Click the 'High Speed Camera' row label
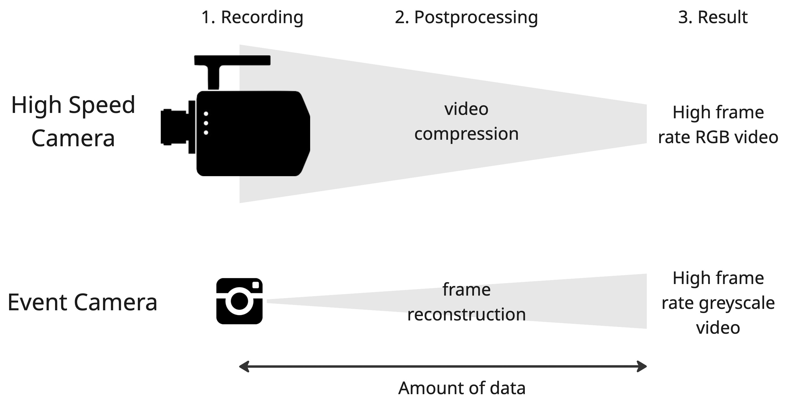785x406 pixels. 73,121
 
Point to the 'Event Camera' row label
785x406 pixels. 82,302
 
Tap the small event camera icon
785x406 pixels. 239,301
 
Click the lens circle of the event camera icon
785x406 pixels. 239,301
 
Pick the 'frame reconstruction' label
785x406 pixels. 466,302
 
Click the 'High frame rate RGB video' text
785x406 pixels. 718,125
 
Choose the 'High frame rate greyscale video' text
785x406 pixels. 718,303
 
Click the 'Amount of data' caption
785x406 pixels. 462,388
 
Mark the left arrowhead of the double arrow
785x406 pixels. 244,366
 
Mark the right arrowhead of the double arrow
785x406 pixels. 642,366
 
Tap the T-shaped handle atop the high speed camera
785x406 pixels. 232,61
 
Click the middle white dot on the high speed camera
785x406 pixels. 206,123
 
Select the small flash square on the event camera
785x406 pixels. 256,285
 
